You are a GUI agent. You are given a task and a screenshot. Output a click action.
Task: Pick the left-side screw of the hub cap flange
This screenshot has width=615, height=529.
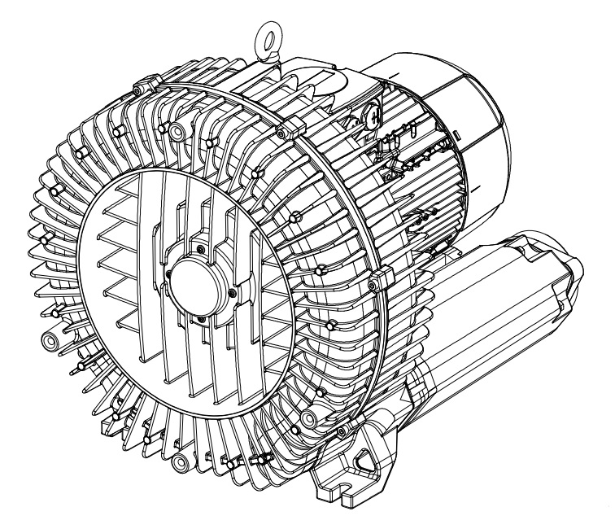166,276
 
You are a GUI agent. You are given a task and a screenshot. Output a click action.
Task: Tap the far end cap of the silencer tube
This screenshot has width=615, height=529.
569,269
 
